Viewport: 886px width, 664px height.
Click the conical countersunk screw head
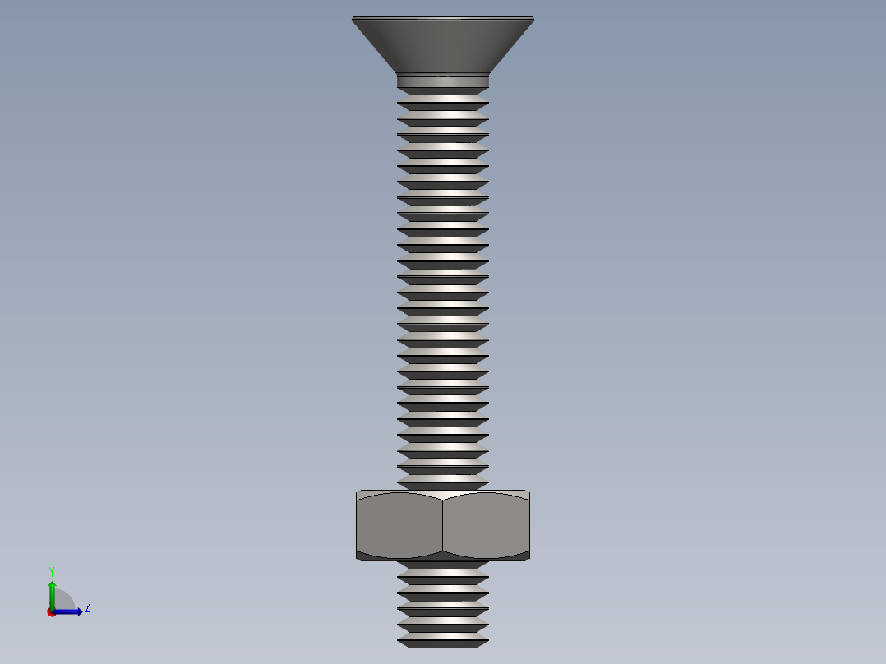click(442, 45)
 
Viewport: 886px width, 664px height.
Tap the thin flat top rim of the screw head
click(442, 18)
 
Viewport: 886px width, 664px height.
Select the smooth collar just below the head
click(442, 81)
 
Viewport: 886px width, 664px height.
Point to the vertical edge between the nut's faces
click(442, 526)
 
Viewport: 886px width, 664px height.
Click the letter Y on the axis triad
click(51, 571)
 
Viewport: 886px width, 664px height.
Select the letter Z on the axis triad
click(87, 607)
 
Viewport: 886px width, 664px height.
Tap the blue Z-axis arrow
click(70, 611)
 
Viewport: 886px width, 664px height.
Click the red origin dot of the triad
click(52, 612)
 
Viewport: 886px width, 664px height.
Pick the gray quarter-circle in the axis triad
click(63, 602)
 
